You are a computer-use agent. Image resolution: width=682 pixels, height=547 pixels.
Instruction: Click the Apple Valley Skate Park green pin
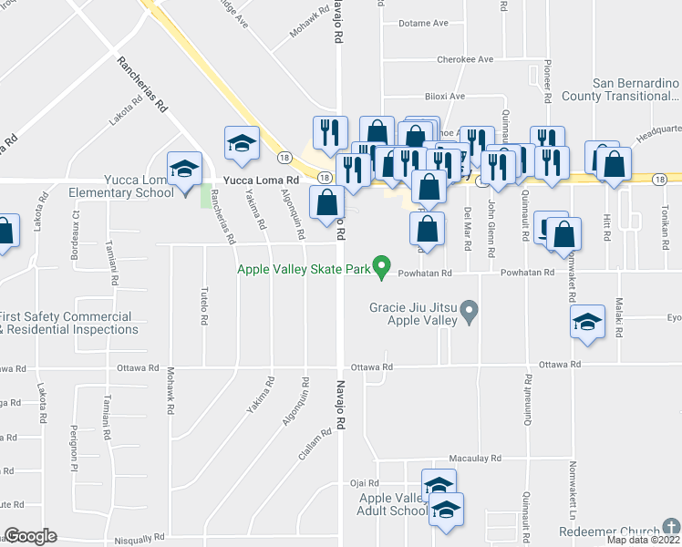coord(384,269)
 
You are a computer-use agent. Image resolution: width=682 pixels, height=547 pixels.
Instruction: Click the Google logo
coord(31,536)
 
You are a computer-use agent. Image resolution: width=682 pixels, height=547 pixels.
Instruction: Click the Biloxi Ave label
coord(444,96)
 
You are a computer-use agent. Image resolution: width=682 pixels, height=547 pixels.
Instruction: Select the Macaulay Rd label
coord(474,458)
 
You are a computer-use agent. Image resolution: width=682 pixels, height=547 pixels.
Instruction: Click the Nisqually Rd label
coord(139,537)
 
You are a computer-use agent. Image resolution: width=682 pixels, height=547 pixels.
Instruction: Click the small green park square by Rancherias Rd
coord(206,195)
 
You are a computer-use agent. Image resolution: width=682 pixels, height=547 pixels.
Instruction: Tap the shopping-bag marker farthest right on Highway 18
coord(615,164)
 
